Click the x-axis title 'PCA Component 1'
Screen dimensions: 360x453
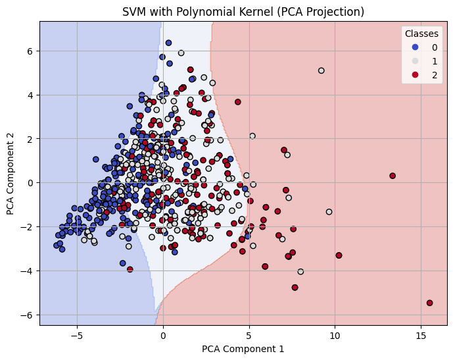243,349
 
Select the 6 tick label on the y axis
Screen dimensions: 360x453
30,51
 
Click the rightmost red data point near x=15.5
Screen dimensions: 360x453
429,303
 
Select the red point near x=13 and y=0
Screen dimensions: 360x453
393,176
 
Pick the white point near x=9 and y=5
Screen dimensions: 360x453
321,70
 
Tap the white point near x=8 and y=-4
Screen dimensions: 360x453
300,271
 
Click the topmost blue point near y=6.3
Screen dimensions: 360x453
168,43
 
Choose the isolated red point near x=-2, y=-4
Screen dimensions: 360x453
130,269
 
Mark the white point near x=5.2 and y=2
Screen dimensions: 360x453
252,136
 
